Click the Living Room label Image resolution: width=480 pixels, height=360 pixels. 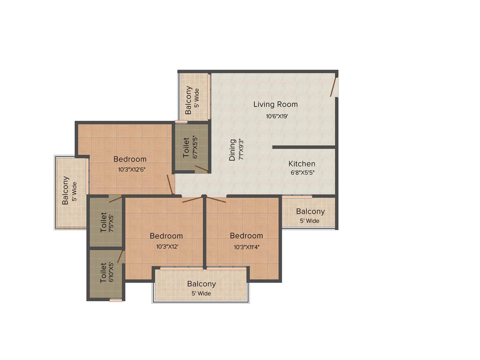[276, 104]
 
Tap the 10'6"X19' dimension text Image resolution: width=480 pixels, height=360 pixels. [277, 116]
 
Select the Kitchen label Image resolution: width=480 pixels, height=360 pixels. [302, 164]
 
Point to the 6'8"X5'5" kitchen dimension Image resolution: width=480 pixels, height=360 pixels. [302, 173]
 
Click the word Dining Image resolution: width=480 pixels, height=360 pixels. [233, 150]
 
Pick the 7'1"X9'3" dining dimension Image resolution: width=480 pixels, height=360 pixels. [241, 149]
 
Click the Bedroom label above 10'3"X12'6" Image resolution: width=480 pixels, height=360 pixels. [130, 159]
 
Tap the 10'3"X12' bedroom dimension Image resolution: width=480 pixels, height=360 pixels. [167, 247]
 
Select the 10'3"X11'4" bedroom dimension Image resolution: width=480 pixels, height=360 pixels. [247, 247]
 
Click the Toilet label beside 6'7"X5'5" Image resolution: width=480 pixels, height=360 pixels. [186, 148]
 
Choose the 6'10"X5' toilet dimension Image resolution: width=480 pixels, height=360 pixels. [111, 272]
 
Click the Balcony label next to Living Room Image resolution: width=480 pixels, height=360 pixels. [188, 100]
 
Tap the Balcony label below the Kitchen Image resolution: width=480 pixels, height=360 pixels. [310, 211]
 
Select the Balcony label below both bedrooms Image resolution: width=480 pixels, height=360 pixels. [202, 284]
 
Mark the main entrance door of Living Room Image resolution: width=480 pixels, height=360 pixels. [334, 87]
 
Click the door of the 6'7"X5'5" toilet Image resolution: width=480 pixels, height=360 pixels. [202, 168]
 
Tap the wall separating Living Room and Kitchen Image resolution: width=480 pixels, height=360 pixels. [304, 147]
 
